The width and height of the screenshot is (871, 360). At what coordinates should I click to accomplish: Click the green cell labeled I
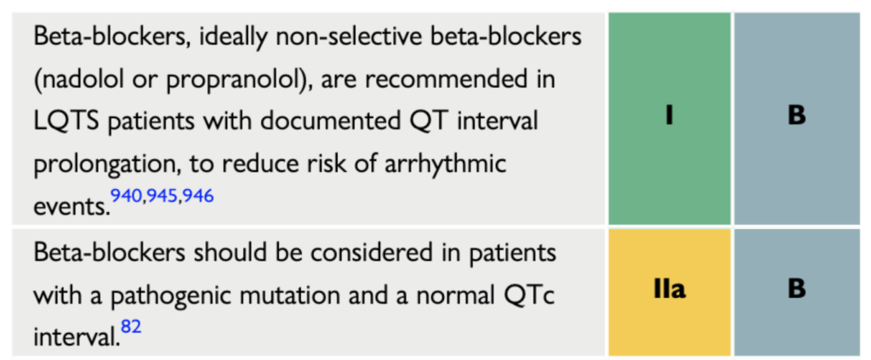(669, 118)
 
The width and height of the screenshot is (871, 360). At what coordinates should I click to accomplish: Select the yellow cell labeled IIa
(669, 292)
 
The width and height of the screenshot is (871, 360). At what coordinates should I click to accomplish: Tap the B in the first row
(796, 116)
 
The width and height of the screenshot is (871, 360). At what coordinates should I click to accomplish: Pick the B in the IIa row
(796, 289)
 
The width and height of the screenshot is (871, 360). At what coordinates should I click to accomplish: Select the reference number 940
(127, 196)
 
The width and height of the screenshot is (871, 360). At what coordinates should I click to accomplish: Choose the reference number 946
(197, 196)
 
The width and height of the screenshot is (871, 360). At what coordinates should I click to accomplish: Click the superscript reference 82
(131, 326)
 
